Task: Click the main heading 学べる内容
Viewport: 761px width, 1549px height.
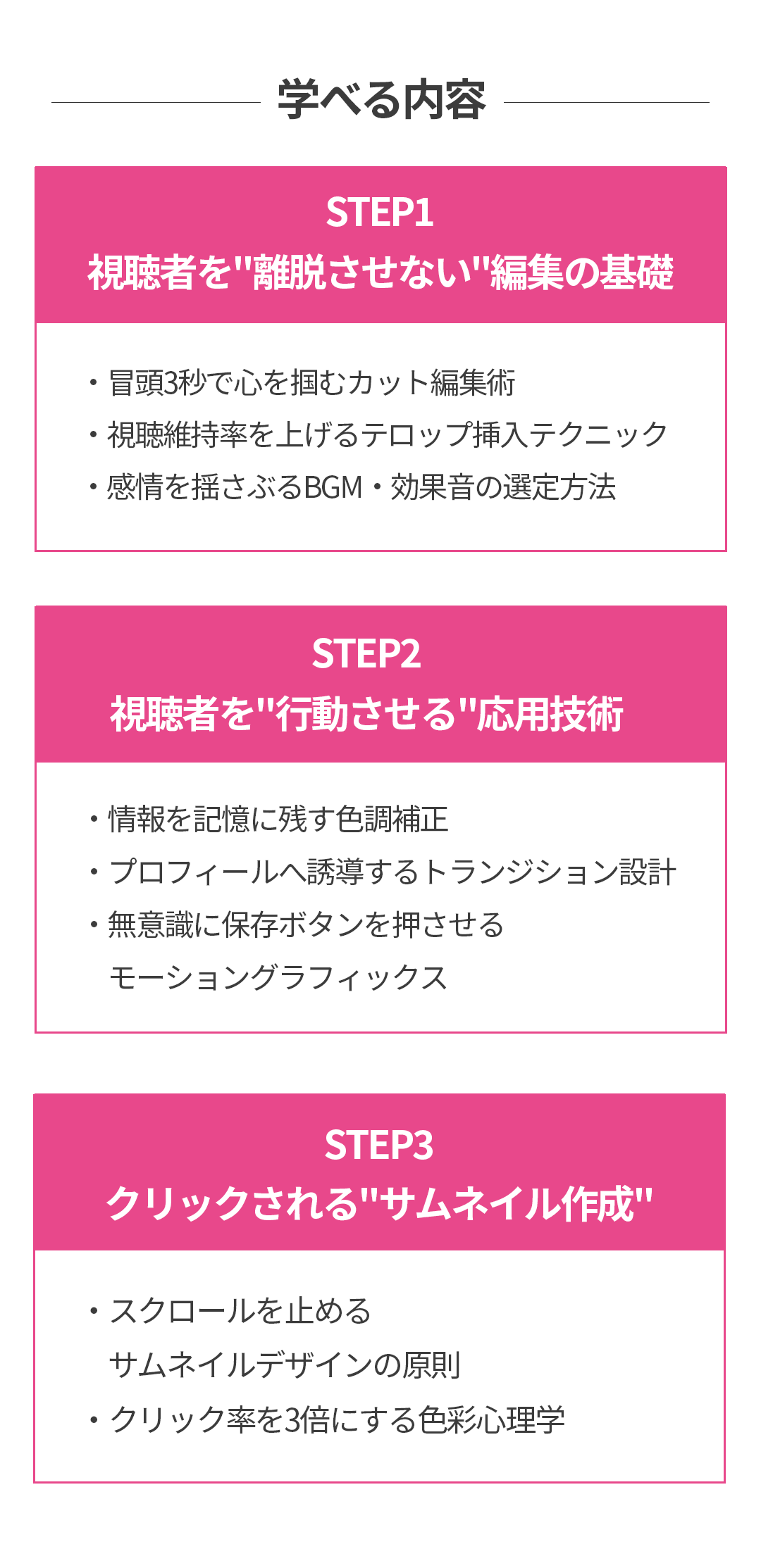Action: (381, 101)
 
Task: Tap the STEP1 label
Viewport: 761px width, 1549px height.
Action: (380, 213)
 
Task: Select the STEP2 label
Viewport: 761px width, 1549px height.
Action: (366, 654)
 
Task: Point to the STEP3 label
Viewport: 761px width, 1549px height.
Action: (379, 1145)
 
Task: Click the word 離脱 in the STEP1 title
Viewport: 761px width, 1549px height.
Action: (289, 273)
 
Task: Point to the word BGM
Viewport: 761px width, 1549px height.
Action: (333, 487)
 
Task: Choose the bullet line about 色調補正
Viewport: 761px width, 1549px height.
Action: (278, 820)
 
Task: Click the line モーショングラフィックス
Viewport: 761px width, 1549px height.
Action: (278, 978)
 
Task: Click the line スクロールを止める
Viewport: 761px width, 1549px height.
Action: (240, 1311)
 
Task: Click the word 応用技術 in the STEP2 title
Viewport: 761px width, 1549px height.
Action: (550, 714)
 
